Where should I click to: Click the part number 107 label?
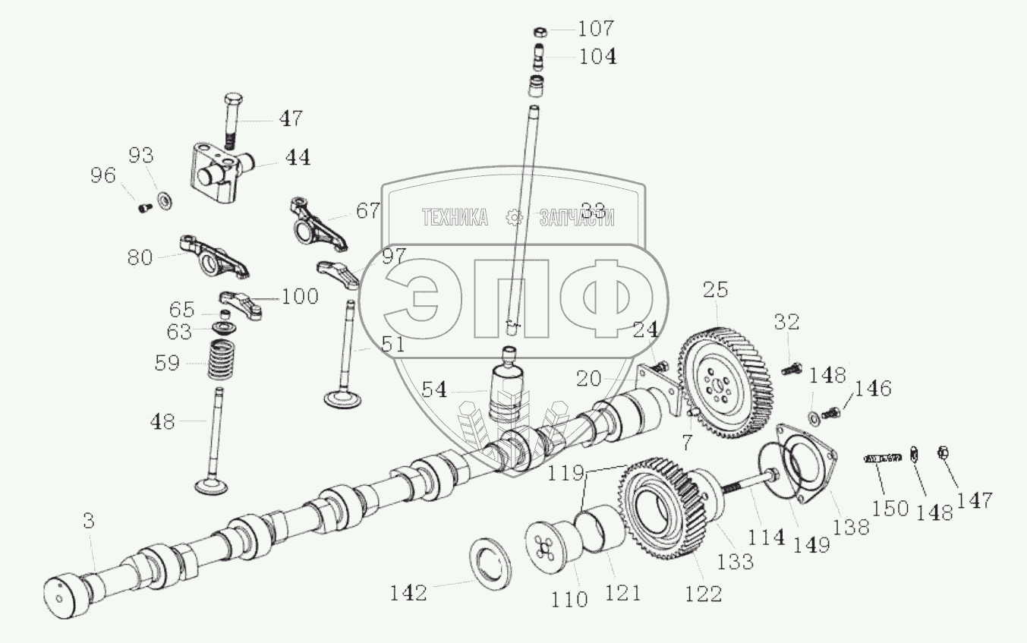(596, 30)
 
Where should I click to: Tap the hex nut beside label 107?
(541, 32)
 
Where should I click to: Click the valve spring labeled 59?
(222, 361)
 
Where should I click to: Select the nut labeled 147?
(943, 453)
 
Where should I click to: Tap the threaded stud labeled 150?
(882, 457)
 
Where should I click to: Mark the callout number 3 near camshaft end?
(89, 521)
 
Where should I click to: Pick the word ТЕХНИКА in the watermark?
(455, 218)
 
